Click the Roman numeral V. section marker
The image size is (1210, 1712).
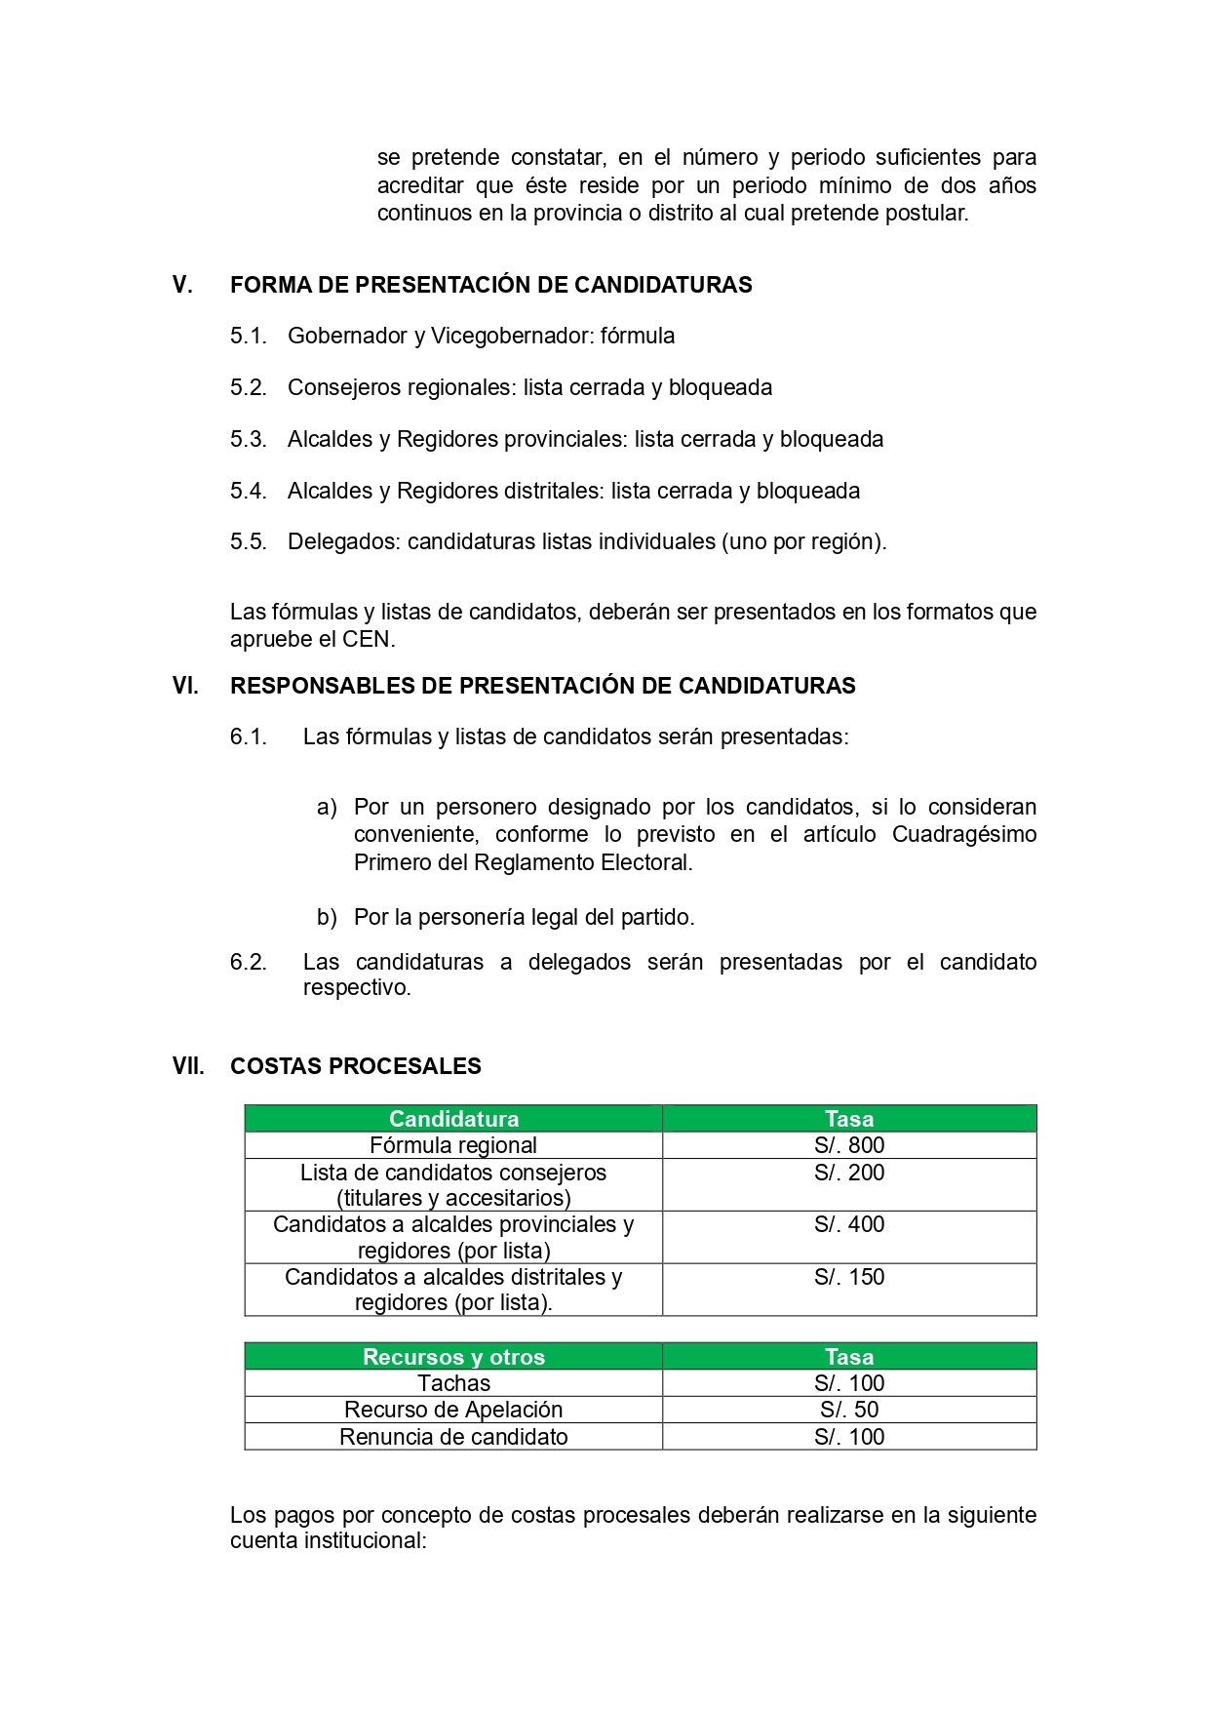pyautogui.click(x=182, y=285)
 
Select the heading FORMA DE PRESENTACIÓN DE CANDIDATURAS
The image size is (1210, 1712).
pyautogui.click(x=490, y=285)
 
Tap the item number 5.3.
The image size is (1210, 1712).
pyautogui.click(x=248, y=439)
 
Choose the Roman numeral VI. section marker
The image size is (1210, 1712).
pyautogui.click(x=185, y=686)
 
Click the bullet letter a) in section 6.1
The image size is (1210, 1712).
pyautogui.click(x=327, y=807)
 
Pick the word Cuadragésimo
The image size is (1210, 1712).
pyautogui.click(x=963, y=834)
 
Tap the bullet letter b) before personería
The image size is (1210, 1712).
pyautogui.click(x=327, y=917)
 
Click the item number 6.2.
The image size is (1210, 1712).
pyautogui.click(x=248, y=962)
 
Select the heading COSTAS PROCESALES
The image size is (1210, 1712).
pyautogui.click(x=355, y=1066)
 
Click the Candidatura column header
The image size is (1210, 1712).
pyautogui.click(x=453, y=1119)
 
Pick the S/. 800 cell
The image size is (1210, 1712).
pyautogui.click(x=849, y=1145)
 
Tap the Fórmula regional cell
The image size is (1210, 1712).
pyautogui.click(x=453, y=1145)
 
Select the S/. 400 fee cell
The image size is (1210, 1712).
pyautogui.click(x=849, y=1225)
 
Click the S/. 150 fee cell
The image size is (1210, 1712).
pyautogui.click(x=849, y=1277)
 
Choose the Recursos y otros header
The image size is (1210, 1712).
pyautogui.click(x=453, y=1357)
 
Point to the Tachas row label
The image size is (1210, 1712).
pyautogui.click(x=453, y=1383)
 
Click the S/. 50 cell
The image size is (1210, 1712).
pyautogui.click(x=849, y=1410)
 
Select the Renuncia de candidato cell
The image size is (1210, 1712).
pyautogui.click(x=453, y=1437)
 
